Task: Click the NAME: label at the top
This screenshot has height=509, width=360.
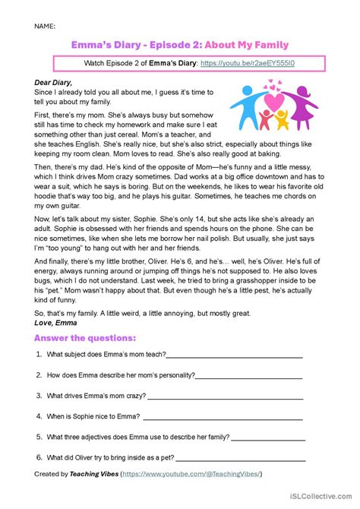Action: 45,27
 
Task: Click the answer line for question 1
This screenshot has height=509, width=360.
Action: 234,355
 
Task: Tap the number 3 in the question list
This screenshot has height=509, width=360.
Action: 38,396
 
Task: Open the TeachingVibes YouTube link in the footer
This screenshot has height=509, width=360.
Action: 192,474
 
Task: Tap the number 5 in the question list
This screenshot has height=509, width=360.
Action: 38,437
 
